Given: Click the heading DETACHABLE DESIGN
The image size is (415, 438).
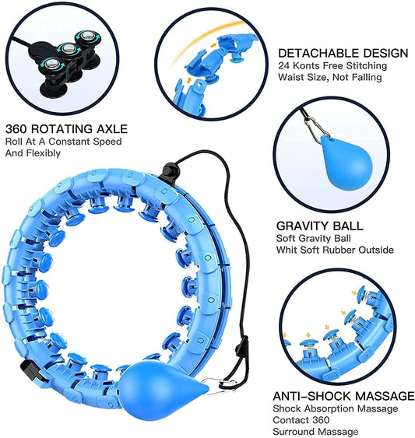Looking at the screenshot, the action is click(x=343, y=53).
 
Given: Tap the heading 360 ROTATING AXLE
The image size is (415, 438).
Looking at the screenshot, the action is click(x=66, y=129).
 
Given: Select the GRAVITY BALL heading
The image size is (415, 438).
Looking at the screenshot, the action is click(x=320, y=226).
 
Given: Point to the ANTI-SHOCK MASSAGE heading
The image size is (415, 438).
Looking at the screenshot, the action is click(x=343, y=396).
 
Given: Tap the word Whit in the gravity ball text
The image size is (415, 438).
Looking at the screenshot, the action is click(x=287, y=250).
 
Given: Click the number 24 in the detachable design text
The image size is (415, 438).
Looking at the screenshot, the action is click(x=283, y=65).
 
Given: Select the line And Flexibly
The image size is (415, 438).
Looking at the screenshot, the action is click(x=33, y=153).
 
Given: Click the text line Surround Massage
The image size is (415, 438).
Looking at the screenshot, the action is click(x=315, y=432).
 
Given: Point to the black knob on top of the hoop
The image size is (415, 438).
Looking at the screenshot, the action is click(x=170, y=170).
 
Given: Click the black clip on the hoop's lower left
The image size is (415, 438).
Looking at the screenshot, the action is click(x=31, y=370).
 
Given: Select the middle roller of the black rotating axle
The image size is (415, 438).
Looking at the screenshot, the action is click(x=69, y=49).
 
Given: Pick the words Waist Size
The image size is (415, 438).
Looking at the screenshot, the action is click(x=303, y=77).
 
